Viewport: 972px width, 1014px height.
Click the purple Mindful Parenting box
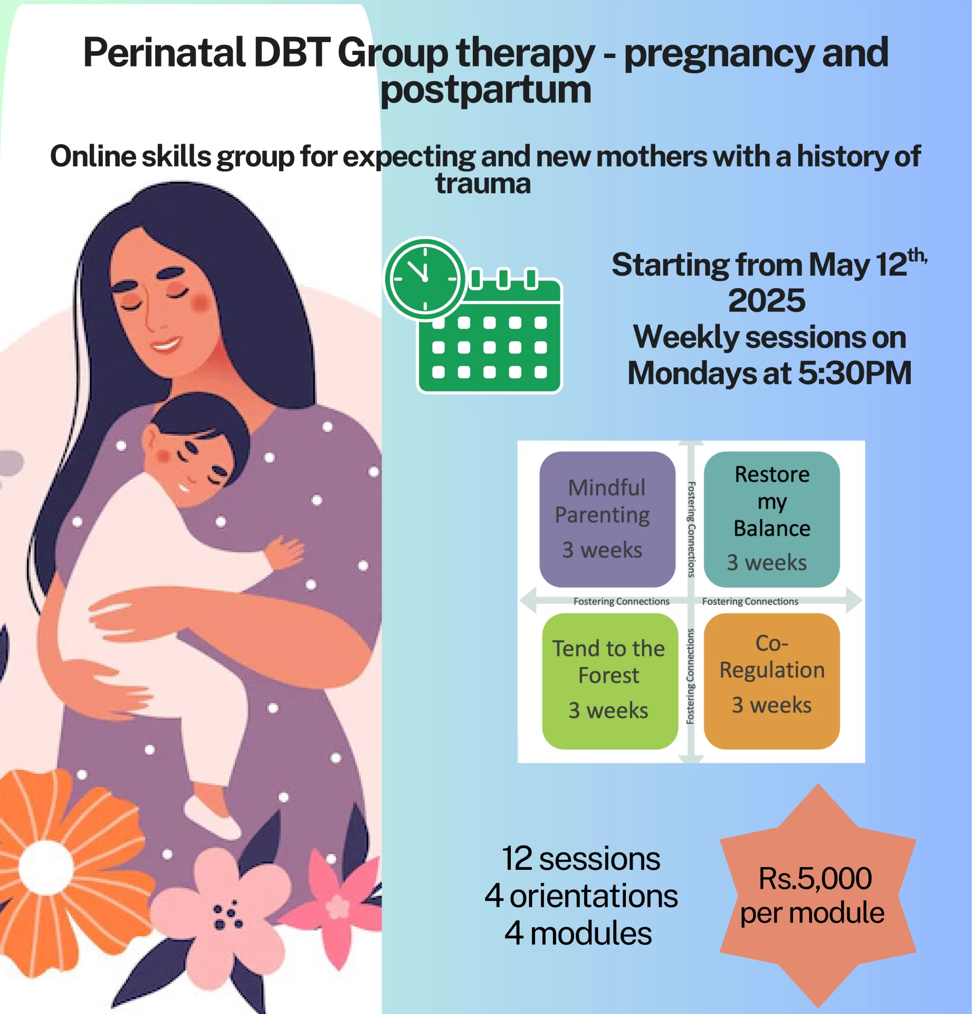[607, 519]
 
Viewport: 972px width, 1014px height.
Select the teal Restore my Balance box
[771, 519]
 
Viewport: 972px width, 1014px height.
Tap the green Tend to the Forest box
[610, 681]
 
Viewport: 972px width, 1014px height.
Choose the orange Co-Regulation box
[771, 681]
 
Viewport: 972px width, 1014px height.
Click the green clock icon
[425, 278]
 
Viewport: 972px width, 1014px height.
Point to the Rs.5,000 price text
[815, 878]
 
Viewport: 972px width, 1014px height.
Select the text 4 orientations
[581, 896]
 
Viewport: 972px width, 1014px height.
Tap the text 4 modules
[578, 933]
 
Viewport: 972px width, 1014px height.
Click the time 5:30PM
[855, 373]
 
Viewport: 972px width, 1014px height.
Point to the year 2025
[767, 301]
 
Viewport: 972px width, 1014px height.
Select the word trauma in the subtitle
[483, 184]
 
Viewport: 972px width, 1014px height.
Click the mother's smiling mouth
[165, 345]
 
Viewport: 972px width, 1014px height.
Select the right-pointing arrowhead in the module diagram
[854, 600]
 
